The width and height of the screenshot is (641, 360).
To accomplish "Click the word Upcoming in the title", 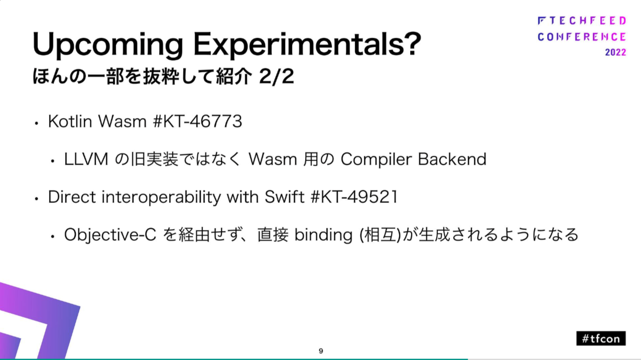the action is [x=107, y=45].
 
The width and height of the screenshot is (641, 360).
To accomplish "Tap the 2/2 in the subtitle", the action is [x=277, y=77].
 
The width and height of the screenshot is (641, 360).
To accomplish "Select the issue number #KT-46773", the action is [x=197, y=122].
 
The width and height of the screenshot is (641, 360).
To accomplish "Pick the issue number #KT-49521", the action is [x=354, y=197].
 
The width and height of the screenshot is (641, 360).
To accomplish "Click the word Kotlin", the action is [x=70, y=122].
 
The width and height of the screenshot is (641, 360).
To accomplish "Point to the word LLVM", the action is [x=86, y=159].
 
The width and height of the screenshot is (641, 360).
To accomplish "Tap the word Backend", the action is [x=452, y=159].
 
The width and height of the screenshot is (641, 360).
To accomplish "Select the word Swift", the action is [x=285, y=197].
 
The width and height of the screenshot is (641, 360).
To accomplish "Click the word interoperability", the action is [x=162, y=197].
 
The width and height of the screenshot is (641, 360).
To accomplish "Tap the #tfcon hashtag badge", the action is [x=601, y=338].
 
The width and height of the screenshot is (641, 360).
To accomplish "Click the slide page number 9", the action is [x=321, y=351].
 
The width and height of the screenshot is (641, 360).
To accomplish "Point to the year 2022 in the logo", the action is [x=615, y=52].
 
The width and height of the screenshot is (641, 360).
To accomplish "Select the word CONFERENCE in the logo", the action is [x=582, y=37].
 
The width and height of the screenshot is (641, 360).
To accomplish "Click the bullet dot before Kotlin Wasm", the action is [x=36, y=124].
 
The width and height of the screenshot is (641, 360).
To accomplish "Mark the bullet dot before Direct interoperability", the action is [x=36, y=199].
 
